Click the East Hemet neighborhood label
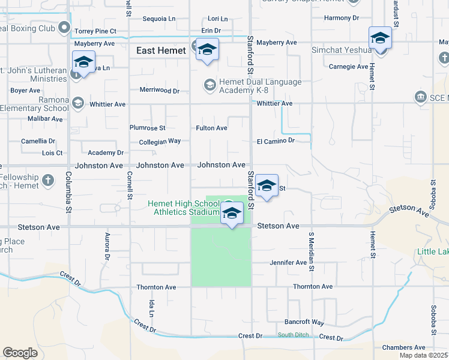[161, 51]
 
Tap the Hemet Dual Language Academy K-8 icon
[209, 85]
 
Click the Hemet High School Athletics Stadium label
[185, 208]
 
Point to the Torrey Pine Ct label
[94, 31]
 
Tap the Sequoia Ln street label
[159, 19]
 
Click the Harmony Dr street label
[341, 19]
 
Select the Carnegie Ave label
[348, 67]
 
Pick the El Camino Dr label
[276, 141]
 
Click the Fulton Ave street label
[211, 128]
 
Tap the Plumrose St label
[147, 128]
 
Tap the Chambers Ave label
[403, 347]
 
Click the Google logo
[20, 352]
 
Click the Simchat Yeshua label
[342, 50]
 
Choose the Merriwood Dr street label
[160, 91]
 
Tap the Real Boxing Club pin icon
[65, 28]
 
